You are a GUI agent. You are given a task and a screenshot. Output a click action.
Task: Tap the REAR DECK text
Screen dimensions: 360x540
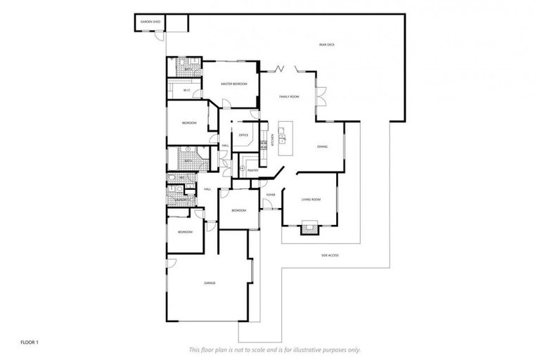click(326, 45)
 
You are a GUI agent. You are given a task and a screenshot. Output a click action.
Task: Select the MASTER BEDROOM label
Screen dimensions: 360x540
click(234, 84)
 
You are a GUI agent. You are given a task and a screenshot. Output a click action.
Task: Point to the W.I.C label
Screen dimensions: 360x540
click(186, 90)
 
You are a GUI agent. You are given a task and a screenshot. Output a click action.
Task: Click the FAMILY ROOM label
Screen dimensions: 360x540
click(289, 96)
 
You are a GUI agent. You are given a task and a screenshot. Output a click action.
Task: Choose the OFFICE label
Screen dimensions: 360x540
click(244, 134)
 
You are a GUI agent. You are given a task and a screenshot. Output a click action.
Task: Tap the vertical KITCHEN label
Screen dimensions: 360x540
click(272, 140)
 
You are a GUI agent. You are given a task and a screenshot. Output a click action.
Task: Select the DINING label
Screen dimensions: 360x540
click(322, 146)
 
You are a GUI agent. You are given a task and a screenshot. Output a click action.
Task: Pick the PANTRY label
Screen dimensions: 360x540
click(253, 170)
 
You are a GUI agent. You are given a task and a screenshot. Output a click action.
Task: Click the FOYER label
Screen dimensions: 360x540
click(270, 195)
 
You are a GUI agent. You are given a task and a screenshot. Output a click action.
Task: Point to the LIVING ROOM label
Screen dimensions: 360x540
click(311, 200)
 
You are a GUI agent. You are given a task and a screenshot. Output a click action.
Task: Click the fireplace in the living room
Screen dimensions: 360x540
click(309, 228)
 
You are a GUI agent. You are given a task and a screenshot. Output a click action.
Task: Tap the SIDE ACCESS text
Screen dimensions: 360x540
click(330, 255)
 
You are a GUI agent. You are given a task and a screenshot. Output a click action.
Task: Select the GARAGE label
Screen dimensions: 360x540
click(210, 283)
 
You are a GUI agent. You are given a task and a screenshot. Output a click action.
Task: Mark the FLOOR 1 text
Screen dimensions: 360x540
click(29, 342)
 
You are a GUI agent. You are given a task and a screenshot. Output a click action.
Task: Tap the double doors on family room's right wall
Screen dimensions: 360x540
click(320, 96)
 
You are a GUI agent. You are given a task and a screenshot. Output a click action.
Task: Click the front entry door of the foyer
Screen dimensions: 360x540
click(267, 205)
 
